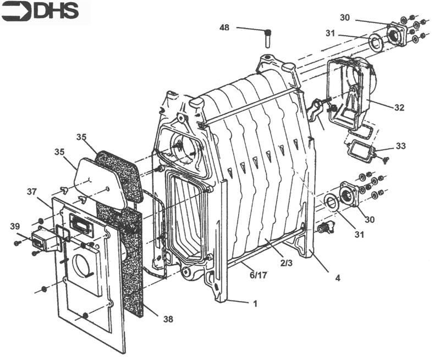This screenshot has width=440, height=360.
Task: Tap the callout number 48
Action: pyautogui.click(x=224, y=28)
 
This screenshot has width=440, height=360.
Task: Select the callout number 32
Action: pyautogui.click(x=399, y=107)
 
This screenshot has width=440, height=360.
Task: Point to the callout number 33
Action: pyautogui.click(x=402, y=146)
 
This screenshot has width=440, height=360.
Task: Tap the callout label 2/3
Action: pyautogui.click(x=286, y=263)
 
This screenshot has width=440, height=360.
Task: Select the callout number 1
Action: pyautogui.click(x=255, y=303)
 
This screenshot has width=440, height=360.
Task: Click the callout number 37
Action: pyautogui.click(x=32, y=192)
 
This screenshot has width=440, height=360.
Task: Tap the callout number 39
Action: pyautogui.click(x=15, y=226)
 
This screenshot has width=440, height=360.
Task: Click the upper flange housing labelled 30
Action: pyautogui.click(x=397, y=34)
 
